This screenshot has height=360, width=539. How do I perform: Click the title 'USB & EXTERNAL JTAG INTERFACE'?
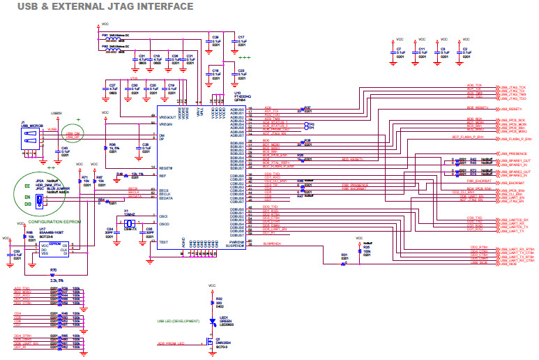tap(97, 6)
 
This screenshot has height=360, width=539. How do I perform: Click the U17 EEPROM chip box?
tap(55, 249)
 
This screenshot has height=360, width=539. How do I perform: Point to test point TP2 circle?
tap(305, 124)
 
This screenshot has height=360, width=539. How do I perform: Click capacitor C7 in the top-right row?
tap(400, 52)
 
